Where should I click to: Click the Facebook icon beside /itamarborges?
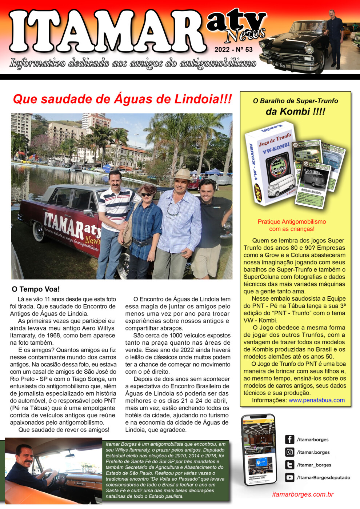(289, 440)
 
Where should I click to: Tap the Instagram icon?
(289, 452)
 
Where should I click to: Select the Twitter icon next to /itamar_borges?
(289, 465)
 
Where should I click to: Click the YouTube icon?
(289, 478)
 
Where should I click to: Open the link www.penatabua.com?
(316, 400)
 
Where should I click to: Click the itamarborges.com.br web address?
(303, 494)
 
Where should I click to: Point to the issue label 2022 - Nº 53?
(233, 50)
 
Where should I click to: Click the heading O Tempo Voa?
(36, 289)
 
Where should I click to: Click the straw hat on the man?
(182, 175)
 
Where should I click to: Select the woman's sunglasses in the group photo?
(146, 195)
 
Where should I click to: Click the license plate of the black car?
(279, 65)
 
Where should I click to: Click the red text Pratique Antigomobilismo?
(292, 222)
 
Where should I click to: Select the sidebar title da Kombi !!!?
(295, 112)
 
